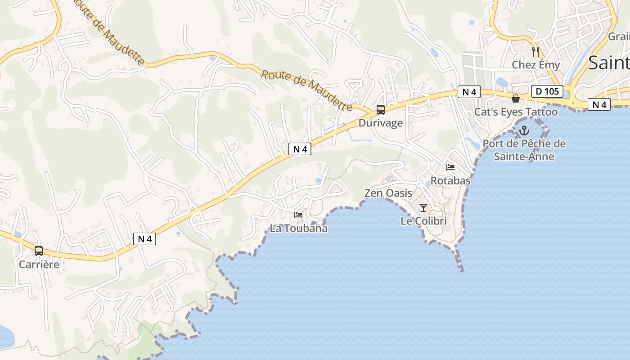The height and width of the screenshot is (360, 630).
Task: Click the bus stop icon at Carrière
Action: (39, 251)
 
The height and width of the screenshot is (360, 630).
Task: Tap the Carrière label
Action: (39, 264)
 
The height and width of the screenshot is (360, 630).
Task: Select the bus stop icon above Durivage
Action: (381, 110)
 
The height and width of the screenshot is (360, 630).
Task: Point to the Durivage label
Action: (381, 123)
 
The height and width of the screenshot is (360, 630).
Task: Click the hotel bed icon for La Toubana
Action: (298, 215)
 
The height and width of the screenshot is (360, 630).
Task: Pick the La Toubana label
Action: (298, 228)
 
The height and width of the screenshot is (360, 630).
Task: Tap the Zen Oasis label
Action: (388, 193)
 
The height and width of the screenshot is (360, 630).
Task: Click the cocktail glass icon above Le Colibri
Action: (423, 208)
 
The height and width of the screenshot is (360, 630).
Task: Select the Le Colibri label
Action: (423, 221)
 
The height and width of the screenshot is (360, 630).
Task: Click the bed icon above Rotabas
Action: (450, 167)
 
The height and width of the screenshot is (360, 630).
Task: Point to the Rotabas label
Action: (450, 180)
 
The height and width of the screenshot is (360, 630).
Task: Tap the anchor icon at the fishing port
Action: (524, 130)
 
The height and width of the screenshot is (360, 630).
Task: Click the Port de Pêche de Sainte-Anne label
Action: (524, 150)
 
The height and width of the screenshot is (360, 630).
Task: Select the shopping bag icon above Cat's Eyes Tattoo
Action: (516, 99)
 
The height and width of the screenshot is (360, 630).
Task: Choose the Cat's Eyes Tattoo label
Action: (516, 112)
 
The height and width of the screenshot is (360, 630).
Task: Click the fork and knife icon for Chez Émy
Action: (535, 51)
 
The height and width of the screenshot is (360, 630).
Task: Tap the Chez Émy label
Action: (535, 65)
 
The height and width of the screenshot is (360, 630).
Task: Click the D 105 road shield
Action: (547, 91)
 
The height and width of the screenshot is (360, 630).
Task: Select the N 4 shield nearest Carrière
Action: (144, 239)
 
